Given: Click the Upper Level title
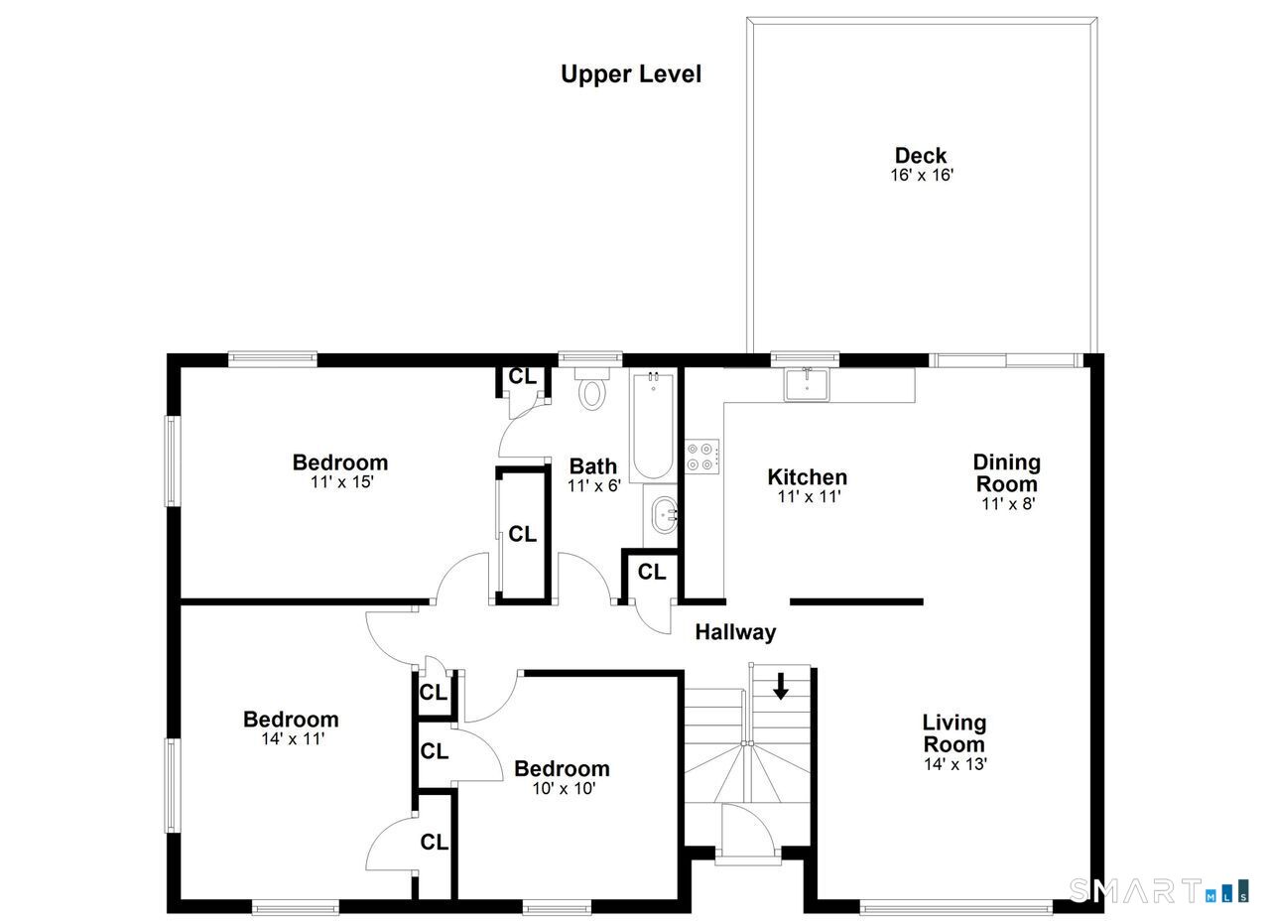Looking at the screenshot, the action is tap(630, 74).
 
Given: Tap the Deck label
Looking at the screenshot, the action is tap(921, 155).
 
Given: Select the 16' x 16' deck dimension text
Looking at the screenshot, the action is tap(922, 175).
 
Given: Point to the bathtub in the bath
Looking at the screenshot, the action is tap(653, 426).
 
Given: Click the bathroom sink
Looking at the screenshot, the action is tap(664, 515).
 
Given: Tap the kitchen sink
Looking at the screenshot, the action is tap(807, 384).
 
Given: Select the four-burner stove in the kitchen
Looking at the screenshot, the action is tap(702, 457).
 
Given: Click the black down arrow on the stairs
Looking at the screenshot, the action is tap(781, 686).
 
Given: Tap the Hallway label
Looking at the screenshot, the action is tap(735, 632).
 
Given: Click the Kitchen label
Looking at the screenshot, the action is tap(808, 476).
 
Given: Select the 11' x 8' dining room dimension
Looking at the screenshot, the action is tap(1008, 503).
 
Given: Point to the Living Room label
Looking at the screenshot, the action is tap(954, 732).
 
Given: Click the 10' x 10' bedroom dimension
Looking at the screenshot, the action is tap(564, 788).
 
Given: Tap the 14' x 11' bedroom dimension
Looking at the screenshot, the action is tap(293, 738).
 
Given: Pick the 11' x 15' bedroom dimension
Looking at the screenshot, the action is tap(342, 481).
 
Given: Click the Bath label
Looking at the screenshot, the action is tap(593, 465).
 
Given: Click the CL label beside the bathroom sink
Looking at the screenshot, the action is tap(652, 572).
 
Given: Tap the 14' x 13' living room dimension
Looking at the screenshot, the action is tap(955, 764).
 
